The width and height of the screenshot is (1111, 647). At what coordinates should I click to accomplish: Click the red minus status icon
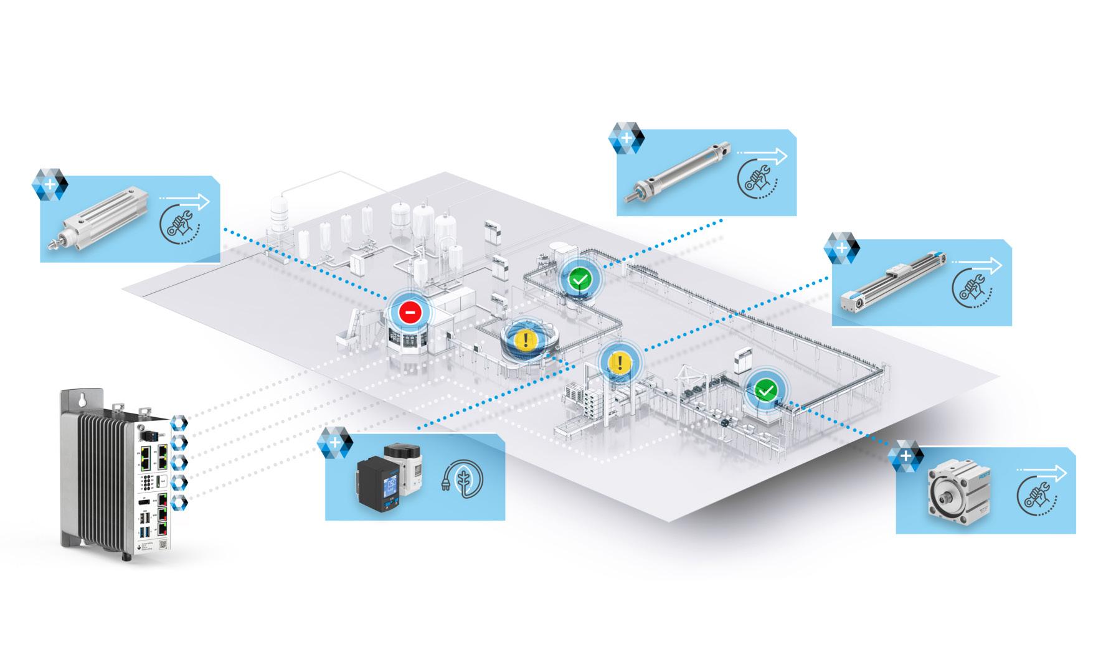pyautogui.click(x=410, y=311)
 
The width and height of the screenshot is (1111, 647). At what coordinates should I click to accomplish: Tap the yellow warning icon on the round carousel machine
pyautogui.click(x=526, y=339)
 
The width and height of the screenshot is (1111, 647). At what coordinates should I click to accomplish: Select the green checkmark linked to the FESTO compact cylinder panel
pyautogui.click(x=766, y=390)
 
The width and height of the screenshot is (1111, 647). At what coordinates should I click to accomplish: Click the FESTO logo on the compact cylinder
pyautogui.click(x=984, y=476)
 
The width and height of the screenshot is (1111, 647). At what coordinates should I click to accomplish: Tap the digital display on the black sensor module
pyautogui.click(x=392, y=485)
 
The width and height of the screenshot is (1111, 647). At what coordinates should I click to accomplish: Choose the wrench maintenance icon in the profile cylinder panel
pyautogui.click(x=178, y=224)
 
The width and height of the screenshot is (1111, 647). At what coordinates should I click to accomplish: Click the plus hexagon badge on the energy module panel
pyautogui.click(x=335, y=443)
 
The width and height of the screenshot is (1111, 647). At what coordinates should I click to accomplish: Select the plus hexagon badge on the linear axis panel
pyautogui.click(x=841, y=248)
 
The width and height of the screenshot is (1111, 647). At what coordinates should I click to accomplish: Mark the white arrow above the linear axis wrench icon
pyautogui.click(x=978, y=265)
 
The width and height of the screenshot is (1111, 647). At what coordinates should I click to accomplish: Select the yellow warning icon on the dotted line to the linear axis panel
pyautogui.click(x=619, y=361)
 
